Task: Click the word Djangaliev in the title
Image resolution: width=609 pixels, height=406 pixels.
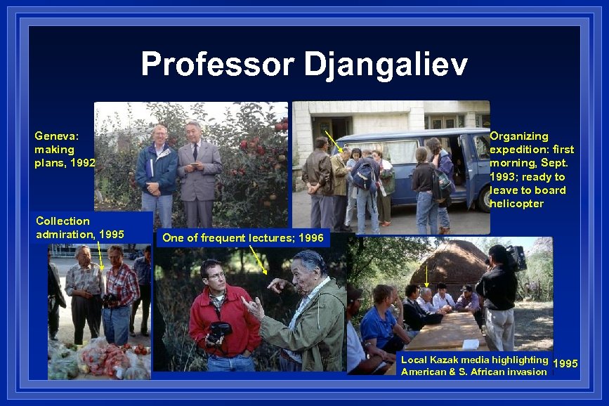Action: (385, 65)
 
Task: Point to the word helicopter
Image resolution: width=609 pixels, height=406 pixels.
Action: (516, 204)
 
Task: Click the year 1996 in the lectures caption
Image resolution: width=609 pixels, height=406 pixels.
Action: (311, 238)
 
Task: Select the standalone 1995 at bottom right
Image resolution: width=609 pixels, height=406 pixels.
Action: (565, 363)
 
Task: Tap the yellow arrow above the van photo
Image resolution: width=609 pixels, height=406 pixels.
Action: (334, 141)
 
